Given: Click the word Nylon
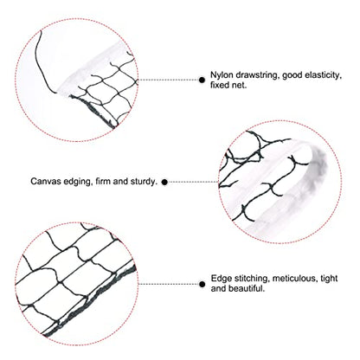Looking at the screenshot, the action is [x=222, y=75].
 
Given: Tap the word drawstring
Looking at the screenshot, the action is [x=257, y=75].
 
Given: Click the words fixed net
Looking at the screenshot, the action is [x=228, y=86].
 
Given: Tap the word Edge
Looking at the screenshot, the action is [x=221, y=279].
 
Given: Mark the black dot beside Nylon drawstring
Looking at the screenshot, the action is [x=202, y=80].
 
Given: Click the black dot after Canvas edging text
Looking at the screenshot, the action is [x=164, y=182].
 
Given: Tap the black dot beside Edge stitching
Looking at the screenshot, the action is [x=202, y=285].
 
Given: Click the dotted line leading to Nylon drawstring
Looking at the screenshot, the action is [x=169, y=80].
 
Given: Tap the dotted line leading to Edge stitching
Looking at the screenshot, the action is [x=169, y=285].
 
